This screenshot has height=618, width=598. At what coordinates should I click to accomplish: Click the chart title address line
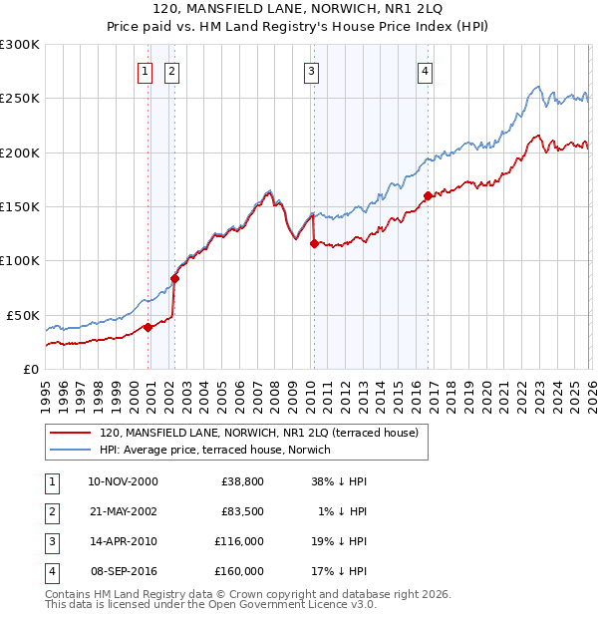point(299,11)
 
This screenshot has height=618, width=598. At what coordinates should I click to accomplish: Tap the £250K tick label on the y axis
point(20,99)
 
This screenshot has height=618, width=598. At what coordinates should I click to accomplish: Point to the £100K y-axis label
point(20,261)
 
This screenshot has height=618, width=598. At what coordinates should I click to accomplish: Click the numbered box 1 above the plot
point(146,71)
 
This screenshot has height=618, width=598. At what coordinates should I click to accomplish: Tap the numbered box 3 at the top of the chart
point(312,71)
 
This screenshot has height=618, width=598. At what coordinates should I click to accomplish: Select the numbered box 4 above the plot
point(425,71)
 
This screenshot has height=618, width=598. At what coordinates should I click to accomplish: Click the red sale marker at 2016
point(427,196)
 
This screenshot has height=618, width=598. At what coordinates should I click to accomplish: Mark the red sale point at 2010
point(314,243)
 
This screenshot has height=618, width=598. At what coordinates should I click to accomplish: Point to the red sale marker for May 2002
point(174,279)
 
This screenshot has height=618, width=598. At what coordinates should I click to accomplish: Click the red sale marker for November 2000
point(148,327)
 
